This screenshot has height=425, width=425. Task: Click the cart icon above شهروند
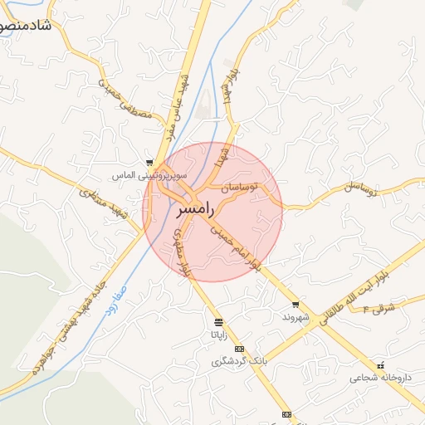click(x=295, y=305)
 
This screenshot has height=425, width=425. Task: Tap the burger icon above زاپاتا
click(x=217, y=322)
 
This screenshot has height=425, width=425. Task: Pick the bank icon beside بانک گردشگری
click(x=239, y=349)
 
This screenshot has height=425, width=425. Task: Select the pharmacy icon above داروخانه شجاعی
click(x=380, y=365)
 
